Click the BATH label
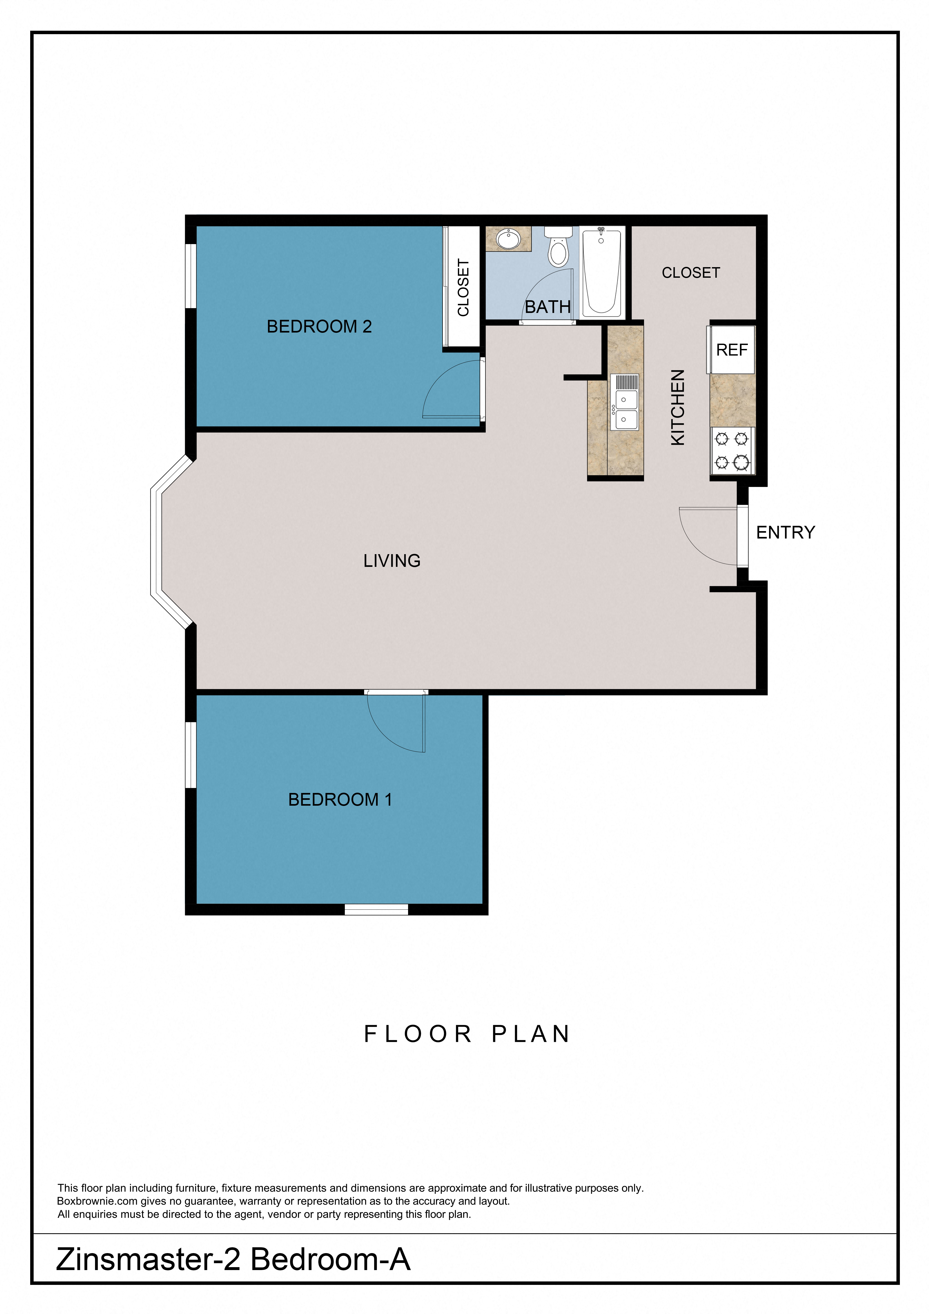point(548,307)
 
